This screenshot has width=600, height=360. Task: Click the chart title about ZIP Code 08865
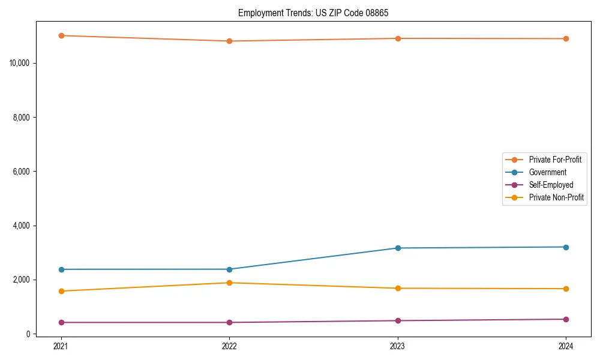pos(313,13)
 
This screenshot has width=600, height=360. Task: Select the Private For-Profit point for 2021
pos(61,35)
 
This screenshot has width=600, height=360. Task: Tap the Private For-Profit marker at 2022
pos(229,41)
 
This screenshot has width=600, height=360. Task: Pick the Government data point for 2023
pos(398,248)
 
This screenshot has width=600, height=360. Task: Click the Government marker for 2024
pos(566,247)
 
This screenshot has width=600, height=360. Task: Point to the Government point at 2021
pos(61,269)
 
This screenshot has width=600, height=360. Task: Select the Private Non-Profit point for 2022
pos(229,283)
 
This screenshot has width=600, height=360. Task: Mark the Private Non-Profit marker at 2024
pos(566,289)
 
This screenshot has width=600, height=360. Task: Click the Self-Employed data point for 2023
pos(398,320)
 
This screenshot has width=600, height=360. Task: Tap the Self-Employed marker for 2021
pos(61,322)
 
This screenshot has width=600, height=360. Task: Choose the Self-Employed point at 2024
pos(566,319)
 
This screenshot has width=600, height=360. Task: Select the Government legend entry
pos(547,172)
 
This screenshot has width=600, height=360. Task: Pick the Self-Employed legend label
pos(551,185)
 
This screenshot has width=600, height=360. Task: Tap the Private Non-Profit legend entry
pos(556,197)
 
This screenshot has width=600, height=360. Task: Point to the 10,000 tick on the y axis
pos(21,63)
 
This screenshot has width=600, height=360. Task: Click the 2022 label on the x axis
pos(229,346)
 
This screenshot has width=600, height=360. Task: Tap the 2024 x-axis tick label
pos(566,346)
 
